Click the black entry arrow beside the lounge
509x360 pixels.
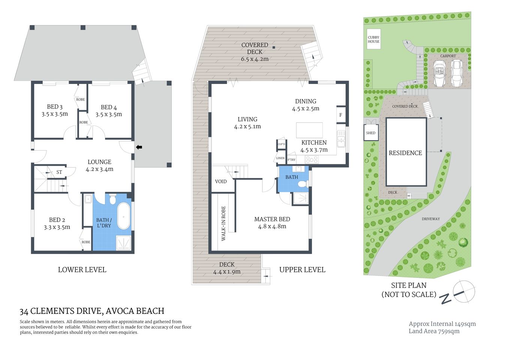click(x=139, y=147)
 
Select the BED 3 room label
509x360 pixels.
click(x=55, y=107)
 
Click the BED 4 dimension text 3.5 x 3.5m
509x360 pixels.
click(x=109, y=114)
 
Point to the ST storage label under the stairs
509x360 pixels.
click(x=59, y=172)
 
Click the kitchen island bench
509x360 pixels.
click(x=309, y=130)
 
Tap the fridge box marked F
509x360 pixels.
click(x=340, y=115)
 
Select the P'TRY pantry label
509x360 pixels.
click(x=291, y=160)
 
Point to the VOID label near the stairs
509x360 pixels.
click(x=221, y=181)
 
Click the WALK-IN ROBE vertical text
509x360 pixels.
click(x=223, y=223)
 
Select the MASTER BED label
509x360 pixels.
click(x=272, y=219)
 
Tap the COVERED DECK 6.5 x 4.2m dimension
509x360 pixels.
click(x=254, y=59)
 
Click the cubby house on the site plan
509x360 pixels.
click(x=373, y=39)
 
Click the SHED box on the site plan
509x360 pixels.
click(x=371, y=133)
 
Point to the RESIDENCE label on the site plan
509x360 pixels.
click(x=405, y=153)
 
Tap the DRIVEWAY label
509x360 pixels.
click(x=431, y=219)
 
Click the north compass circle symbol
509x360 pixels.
click(x=464, y=291)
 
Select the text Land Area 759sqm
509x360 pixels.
click(x=434, y=331)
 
